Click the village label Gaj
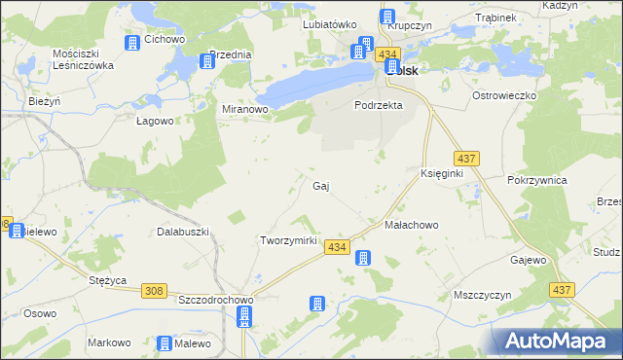pyautogui.click(x=319, y=185)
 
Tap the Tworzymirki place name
pyautogui.click(x=289, y=240)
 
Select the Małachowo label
pyautogui.click(x=412, y=225)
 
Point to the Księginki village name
pyautogui.click(x=441, y=172)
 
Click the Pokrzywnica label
pyautogui.click(x=537, y=180)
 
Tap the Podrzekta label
pyautogui.click(x=379, y=105)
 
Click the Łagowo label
pyautogui.click(x=154, y=121)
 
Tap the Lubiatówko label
pyautogui.click(x=331, y=24)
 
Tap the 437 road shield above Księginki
pyautogui.click(x=464, y=158)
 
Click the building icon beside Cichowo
pyautogui.click(x=132, y=43)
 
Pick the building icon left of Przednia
pyautogui.click(x=207, y=61)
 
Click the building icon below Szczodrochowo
pyautogui.click(x=244, y=316)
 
